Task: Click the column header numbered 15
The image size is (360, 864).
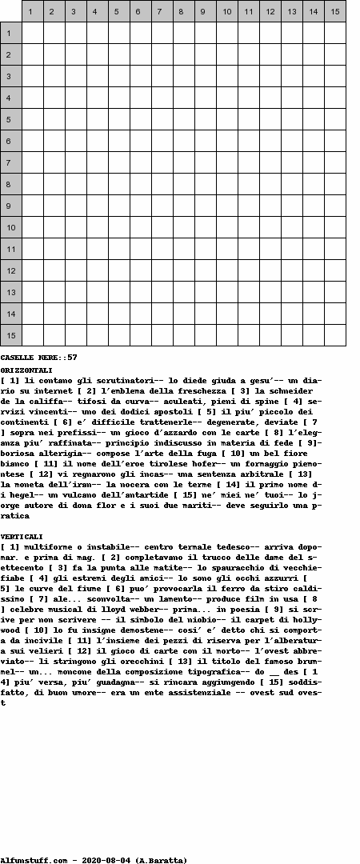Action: (x=335, y=11)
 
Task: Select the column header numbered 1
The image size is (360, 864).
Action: (x=33, y=11)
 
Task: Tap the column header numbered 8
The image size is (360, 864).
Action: (x=184, y=11)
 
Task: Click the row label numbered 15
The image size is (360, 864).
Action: (x=10, y=335)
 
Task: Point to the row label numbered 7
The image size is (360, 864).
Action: (x=10, y=162)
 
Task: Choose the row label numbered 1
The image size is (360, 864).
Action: (x=10, y=33)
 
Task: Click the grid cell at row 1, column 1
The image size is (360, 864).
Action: (x=33, y=33)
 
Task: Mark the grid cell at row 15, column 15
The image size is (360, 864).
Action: (x=335, y=335)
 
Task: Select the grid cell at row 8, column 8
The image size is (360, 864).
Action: (x=184, y=184)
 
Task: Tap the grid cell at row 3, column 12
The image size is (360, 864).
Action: (x=270, y=76)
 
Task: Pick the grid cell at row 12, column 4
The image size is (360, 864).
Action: (x=98, y=270)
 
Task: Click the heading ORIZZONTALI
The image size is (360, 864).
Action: (x=26, y=370)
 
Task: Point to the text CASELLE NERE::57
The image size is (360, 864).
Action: (x=38, y=357)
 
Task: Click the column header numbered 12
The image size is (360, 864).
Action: (x=270, y=11)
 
